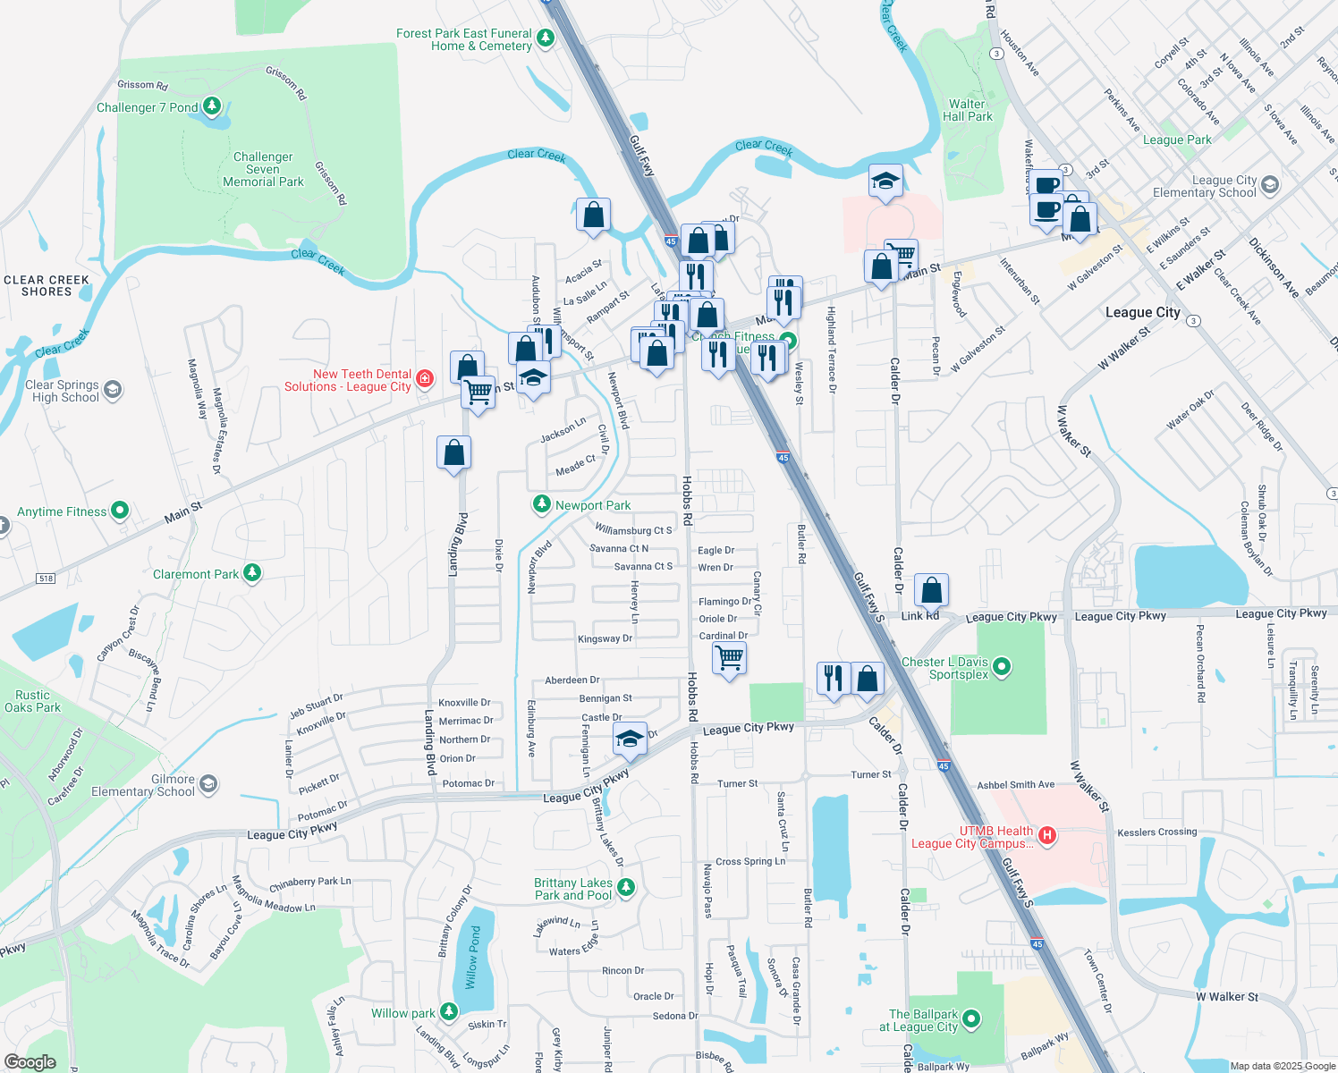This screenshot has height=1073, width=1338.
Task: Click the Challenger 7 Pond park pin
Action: [x=211, y=107]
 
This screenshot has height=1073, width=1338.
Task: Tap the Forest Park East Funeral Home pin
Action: [x=545, y=38]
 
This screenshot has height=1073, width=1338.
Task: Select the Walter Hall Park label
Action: [x=967, y=110]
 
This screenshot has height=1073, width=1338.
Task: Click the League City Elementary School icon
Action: [x=1269, y=186]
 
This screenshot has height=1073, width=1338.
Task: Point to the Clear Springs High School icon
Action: [x=113, y=390]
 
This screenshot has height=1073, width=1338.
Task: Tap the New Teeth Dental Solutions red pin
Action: [x=425, y=379]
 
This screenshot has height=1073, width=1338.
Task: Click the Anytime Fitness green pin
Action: [x=120, y=511]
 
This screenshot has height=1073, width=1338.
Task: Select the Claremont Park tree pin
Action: [x=252, y=573]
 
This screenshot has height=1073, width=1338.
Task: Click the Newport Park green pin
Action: [x=541, y=504]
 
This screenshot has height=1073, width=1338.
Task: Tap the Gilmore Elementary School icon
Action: [x=207, y=784]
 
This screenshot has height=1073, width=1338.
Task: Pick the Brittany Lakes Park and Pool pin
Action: [x=626, y=887]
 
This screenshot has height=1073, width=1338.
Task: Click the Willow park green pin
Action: [x=449, y=1012]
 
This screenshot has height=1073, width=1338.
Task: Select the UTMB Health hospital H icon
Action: [x=1046, y=836]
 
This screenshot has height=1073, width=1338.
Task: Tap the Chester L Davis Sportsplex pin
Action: [x=1002, y=666]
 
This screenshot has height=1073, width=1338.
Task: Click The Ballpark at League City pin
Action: [x=971, y=1019]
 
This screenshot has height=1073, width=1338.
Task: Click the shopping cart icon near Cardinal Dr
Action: [x=730, y=658]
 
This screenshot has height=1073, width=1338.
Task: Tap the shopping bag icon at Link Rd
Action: [x=931, y=590]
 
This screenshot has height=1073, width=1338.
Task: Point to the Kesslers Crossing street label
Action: [x=1156, y=832]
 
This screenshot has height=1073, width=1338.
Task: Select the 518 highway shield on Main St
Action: [x=46, y=579]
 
